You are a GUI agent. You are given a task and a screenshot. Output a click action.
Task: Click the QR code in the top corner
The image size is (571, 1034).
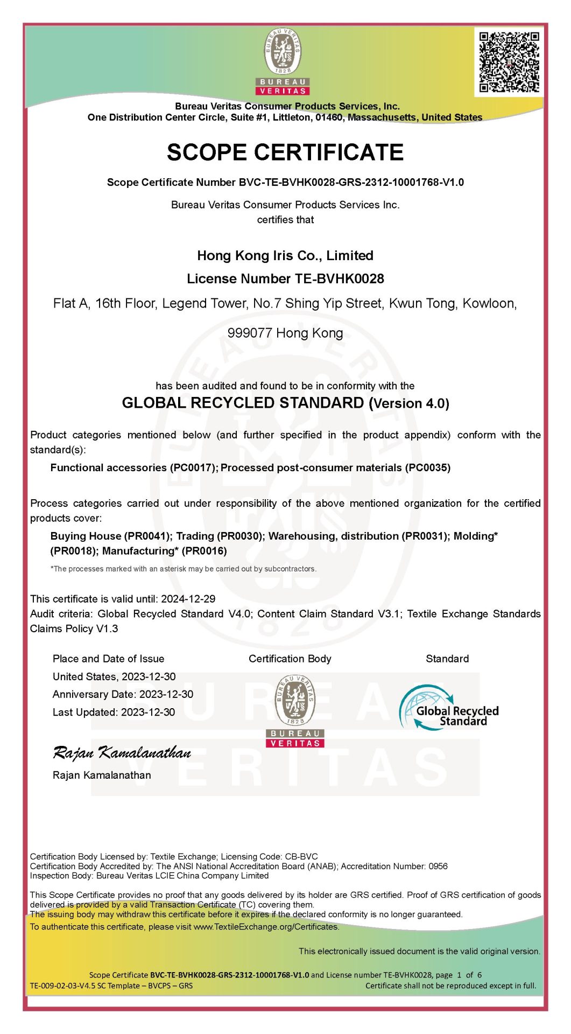pyautogui.click(x=509, y=62)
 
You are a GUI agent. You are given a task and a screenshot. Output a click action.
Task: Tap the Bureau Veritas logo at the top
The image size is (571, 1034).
pyautogui.click(x=283, y=62)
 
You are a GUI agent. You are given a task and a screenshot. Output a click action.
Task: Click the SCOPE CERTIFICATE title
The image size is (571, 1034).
pyautogui.click(x=285, y=152)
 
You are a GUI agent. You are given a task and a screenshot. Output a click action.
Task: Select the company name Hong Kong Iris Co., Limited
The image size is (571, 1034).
pyautogui.click(x=285, y=255)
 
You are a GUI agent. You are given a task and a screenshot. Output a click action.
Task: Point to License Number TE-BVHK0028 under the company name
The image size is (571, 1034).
pyautogui.click(x=285, y=278)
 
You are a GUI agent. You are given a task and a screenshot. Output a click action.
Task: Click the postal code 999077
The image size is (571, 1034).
pyautogui.click(x=249, y=333)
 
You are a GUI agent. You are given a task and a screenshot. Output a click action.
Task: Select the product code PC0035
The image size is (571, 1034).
pyautogui.click(x=427, y=467)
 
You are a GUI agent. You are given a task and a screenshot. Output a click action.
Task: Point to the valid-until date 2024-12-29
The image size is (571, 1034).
pyautogui.click(x=188, y=598)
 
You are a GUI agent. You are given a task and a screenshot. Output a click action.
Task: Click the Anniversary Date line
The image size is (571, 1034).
pyautogui.click(x=123, y=694)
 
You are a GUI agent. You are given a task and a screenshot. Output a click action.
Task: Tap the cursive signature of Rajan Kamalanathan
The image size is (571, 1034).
pyautogui.click(x=122, y=752)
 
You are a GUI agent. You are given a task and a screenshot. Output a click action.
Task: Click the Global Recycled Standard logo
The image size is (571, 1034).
pyautogui.click(x=449, y=708)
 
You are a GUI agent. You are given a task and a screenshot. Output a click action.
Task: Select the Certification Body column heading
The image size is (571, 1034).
pyautogui.click(x=290, y=659)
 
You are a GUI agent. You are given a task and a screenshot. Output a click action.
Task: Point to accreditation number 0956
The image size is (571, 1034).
pyautogui.click(x=438, y=866)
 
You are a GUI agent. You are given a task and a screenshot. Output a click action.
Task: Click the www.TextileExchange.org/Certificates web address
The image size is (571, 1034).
pyautogui.click(x=266, y=927)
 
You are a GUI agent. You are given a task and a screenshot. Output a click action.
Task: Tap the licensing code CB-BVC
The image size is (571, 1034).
pyautogui.click(x=301, y=856)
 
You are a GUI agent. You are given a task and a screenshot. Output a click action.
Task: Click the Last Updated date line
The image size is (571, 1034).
pyautogui.click(x=114, y=712)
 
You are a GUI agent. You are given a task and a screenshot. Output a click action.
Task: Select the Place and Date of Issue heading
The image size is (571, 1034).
pyautogui.click(x=108, y=659)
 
